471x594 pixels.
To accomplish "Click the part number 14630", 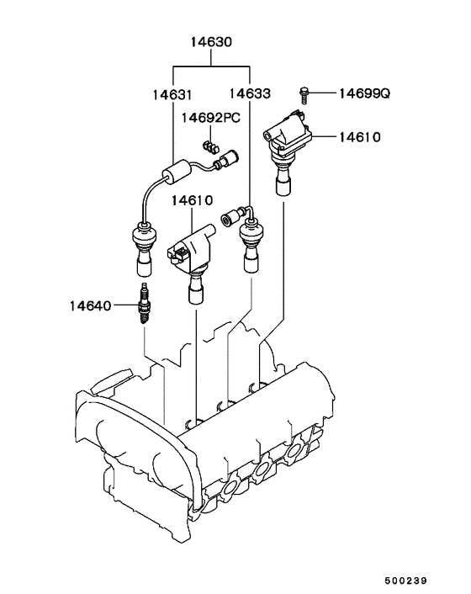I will point(211,41).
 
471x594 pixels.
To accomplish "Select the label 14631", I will point(172,94).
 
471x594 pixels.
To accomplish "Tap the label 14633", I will point(249,94).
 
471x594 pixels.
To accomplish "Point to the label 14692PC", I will point(210,119).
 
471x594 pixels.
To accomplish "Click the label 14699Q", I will point(363,93).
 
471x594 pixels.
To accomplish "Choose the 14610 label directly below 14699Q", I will point(360,136).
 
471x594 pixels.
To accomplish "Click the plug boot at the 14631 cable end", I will point(143,248).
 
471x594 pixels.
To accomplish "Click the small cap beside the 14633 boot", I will point(228,221).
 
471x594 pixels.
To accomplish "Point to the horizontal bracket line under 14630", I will point(211,64).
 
